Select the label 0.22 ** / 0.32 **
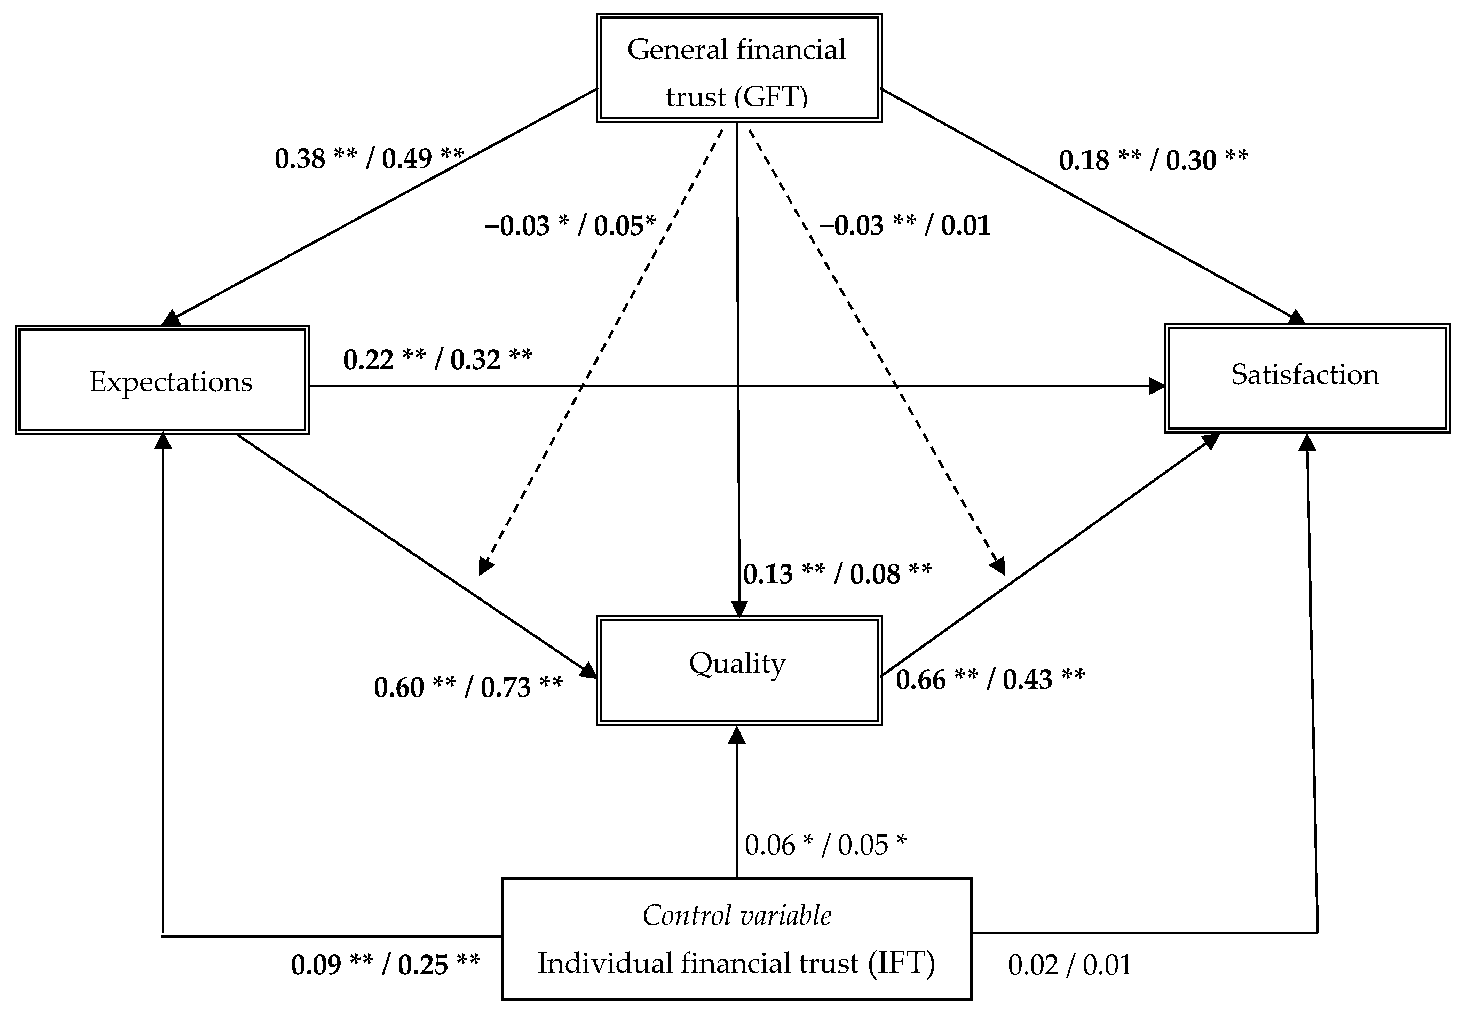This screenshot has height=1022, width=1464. [x=437, y=359]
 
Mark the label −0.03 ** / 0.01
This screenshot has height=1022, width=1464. [x=904, y=226]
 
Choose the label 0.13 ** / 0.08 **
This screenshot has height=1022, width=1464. [x=837, y=574]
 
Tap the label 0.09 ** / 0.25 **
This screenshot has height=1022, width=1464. [x=385, y=965]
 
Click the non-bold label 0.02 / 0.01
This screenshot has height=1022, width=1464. [x=1069, y=965]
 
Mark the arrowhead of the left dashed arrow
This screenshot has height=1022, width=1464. [x=485, y=566]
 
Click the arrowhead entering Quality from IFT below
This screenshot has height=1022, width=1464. [x=737, y=735]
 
